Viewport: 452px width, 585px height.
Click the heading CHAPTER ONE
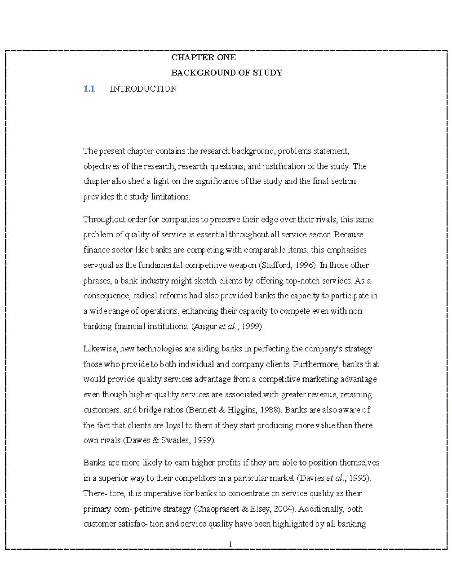203,57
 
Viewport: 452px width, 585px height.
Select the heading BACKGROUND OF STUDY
226,73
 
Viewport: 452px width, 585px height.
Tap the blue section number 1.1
89,89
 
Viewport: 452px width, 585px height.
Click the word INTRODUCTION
143,89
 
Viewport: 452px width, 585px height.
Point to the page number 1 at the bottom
230,544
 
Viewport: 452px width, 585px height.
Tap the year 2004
282,509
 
